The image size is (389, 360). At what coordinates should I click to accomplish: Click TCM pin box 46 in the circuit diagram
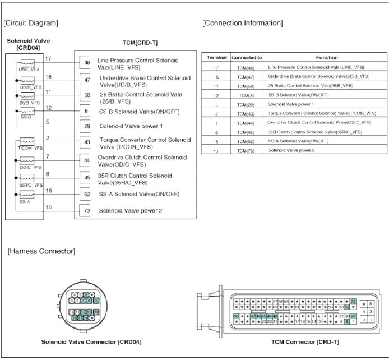click(86, 63)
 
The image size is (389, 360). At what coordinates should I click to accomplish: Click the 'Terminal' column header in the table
click(217, 57)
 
